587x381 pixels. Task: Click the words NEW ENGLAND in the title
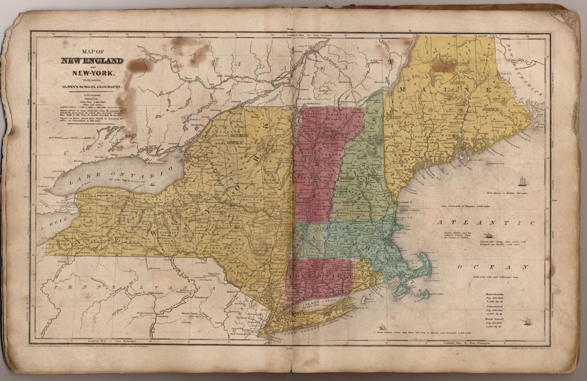click(92, 61)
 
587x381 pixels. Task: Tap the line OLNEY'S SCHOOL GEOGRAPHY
click(92, 87)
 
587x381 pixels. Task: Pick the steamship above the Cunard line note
click(488, 235)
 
